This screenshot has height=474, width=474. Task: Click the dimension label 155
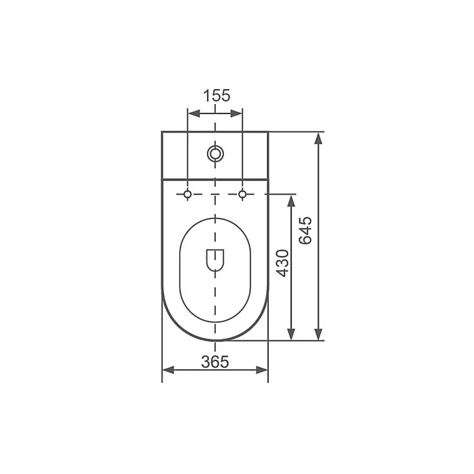(x=217, y=96)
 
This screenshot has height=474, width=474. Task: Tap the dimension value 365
(x=215, y=362)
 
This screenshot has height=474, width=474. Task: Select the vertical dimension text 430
(x=283, y=263)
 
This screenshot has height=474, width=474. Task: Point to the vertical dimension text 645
(x=305, y=230)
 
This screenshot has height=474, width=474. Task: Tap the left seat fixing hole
(x=188, y=194)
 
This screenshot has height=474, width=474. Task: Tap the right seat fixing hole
(x=242, y=194)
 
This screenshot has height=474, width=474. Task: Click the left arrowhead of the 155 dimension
(x=194, y=114)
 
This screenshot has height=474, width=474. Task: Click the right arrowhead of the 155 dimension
(x=237, y=114)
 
